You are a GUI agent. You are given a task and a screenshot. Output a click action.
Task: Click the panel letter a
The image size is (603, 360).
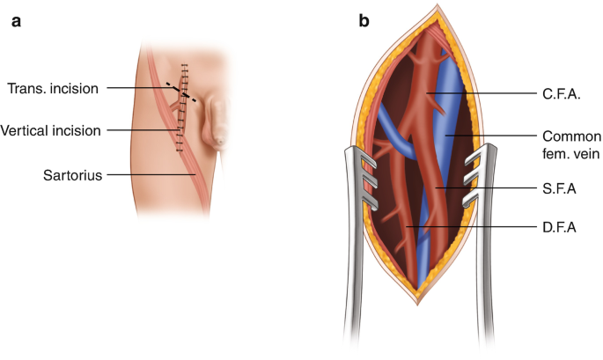click(x=16, y=20)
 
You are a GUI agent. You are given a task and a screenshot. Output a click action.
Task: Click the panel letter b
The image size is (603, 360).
click(x=364, y=20)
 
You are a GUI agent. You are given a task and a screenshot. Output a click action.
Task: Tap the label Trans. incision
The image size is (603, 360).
click(x=53, y=88)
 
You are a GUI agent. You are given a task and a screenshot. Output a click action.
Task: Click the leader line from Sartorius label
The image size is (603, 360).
click(x=150, y=174)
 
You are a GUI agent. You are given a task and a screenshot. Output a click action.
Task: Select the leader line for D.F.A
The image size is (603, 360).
click(x=475, y=228)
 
